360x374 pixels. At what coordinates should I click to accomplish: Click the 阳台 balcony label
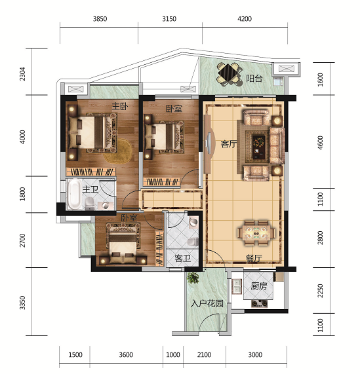click(x=254, y=79)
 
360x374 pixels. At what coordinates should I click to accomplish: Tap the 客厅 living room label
click(x=229, y=144)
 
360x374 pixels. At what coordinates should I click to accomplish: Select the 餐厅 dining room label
click(x=254, y=258)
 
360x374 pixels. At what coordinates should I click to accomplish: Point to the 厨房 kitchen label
click(x=259, y=286)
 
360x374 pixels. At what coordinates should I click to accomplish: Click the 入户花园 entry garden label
click(x=207, y=304)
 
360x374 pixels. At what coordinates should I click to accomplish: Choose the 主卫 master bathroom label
click(x=90, y=189)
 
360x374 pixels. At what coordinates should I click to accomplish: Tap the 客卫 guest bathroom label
click(x=183, y=258)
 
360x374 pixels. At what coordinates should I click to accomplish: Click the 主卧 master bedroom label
click(x=120, y=106)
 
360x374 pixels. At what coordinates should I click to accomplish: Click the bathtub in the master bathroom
click(x=74, y=194)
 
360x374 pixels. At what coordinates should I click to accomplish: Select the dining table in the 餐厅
click(x=256, y=233)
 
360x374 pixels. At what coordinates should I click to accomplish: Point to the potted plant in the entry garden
click(x=193, y=278)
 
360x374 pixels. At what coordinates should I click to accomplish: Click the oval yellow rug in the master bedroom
click(x=118, y=152)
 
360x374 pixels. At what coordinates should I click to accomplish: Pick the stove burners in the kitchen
click(x=259, y=304)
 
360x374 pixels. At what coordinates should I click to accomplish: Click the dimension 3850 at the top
click(x=100, y=18)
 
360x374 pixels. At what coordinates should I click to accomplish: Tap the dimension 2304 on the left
click(x=22, y=74)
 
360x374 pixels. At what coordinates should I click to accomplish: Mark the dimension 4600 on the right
click(x=320, y=143)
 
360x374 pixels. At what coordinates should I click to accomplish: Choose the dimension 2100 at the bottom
click(x=204, y=355)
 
